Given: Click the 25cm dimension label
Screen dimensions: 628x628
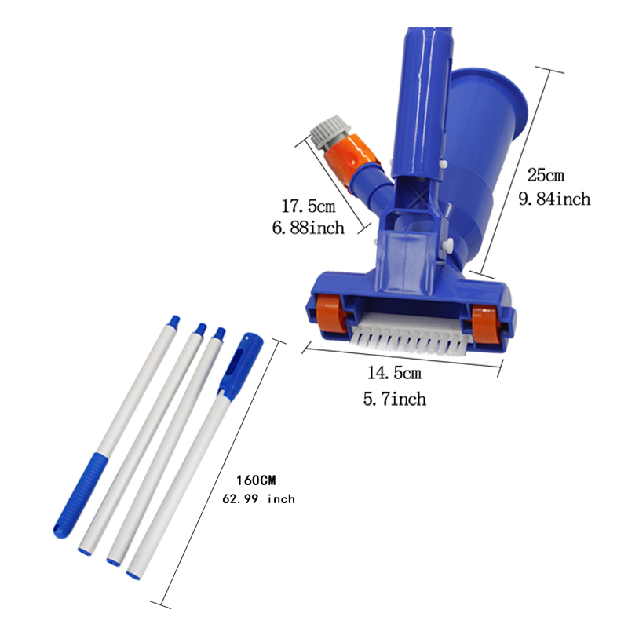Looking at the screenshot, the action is [x=546, y=175].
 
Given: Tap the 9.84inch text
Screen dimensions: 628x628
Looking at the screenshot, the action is [x=555, y=199].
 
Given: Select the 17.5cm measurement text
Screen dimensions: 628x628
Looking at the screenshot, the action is [x=309, y=206].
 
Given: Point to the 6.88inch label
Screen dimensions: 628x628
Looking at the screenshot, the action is [x=309, y=228].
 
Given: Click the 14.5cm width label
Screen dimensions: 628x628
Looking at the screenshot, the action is [x=395, y=373].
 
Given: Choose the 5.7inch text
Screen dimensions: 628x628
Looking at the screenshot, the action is [x=395, y=399].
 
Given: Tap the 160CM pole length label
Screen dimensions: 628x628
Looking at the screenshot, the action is [x=256, y=480].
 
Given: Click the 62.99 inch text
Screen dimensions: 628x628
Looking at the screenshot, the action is [x=259, y=499].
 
